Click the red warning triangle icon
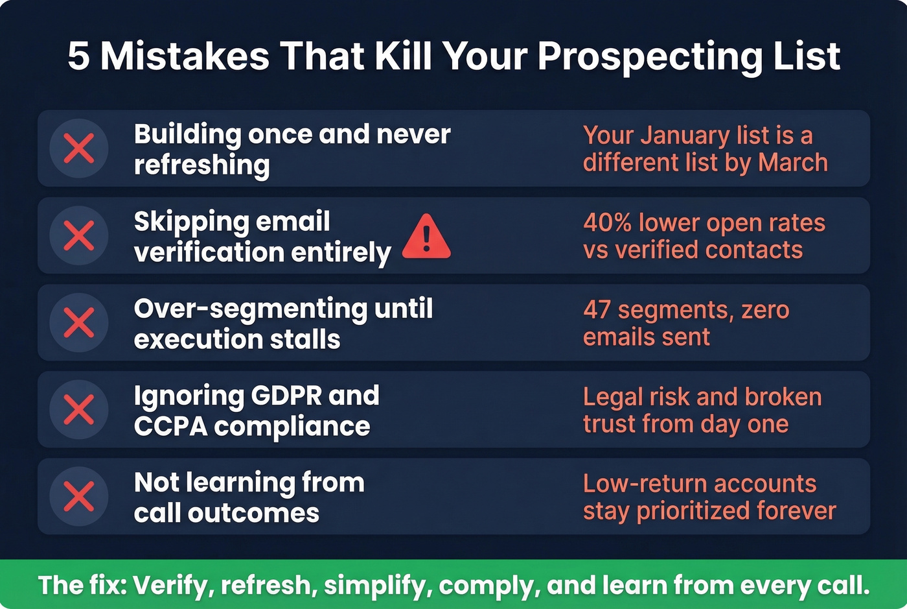(426, 237)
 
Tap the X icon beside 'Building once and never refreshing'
(79, 149)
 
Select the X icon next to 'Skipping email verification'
(79, 235)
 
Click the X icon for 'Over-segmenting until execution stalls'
(79, 322)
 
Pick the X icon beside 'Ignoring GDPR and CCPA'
(79, 409)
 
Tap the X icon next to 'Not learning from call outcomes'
(79, 496)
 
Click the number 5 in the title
(78, 56)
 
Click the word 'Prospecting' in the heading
(650, 56)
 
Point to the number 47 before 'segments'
(597, 309)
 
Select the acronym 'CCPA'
(170, 427)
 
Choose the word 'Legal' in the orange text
(610, 396)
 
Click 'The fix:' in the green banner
(82, 585)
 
